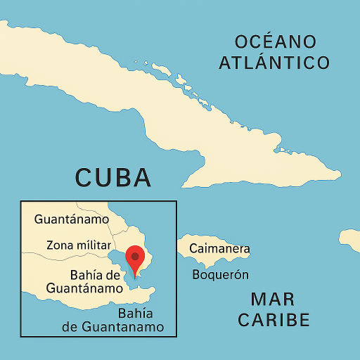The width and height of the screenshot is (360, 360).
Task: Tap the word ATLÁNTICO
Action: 274,63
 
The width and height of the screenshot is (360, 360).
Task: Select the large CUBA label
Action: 113,178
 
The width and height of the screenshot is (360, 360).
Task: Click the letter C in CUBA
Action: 84,178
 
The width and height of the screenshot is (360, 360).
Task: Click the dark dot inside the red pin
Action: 135,257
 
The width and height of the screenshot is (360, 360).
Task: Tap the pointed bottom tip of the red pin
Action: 135,278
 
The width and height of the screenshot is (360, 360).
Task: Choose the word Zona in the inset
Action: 59,245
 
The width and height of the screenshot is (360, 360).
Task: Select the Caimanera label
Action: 219,249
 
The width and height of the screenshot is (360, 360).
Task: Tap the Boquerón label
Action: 220,275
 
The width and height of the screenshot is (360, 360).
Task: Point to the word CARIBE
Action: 274,320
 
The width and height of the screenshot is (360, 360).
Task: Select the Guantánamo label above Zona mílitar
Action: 72,219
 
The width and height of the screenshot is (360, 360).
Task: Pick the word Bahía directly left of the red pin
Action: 89,275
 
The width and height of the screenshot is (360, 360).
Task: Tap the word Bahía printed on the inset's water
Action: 136,314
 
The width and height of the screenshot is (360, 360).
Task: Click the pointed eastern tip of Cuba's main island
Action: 340,174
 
